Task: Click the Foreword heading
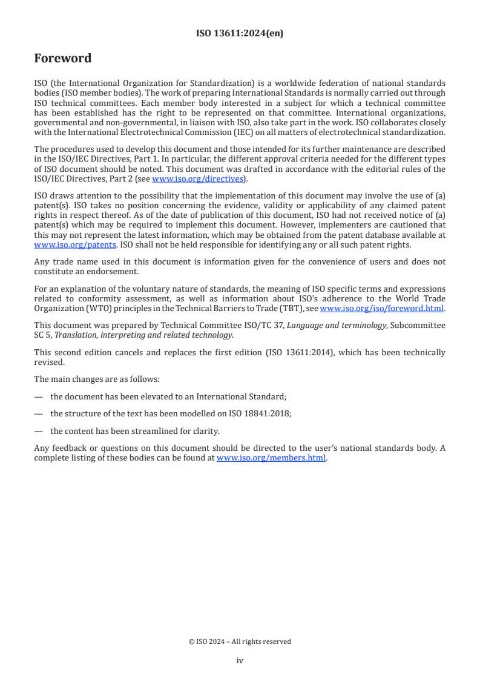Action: tap(63, 59)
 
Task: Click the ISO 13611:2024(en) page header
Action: tap(240, 34)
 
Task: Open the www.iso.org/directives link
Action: tap(197, 179)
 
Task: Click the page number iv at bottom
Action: tap(240, 660)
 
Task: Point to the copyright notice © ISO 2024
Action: tap(240, 641)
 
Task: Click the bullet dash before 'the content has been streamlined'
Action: tap(39, 431)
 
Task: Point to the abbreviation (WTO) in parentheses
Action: tap(86, 308)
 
